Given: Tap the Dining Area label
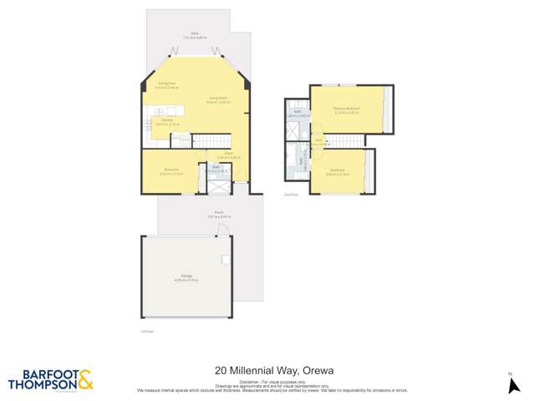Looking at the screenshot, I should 166,84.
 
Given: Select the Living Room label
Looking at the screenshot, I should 217,99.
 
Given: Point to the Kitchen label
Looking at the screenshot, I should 166,120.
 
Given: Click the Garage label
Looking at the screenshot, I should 186,278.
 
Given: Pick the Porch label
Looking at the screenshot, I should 218,213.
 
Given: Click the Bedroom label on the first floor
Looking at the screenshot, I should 171,170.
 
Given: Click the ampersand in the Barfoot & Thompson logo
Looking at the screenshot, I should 85,380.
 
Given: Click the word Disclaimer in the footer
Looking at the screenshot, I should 248,380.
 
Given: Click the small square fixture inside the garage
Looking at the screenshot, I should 226,260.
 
